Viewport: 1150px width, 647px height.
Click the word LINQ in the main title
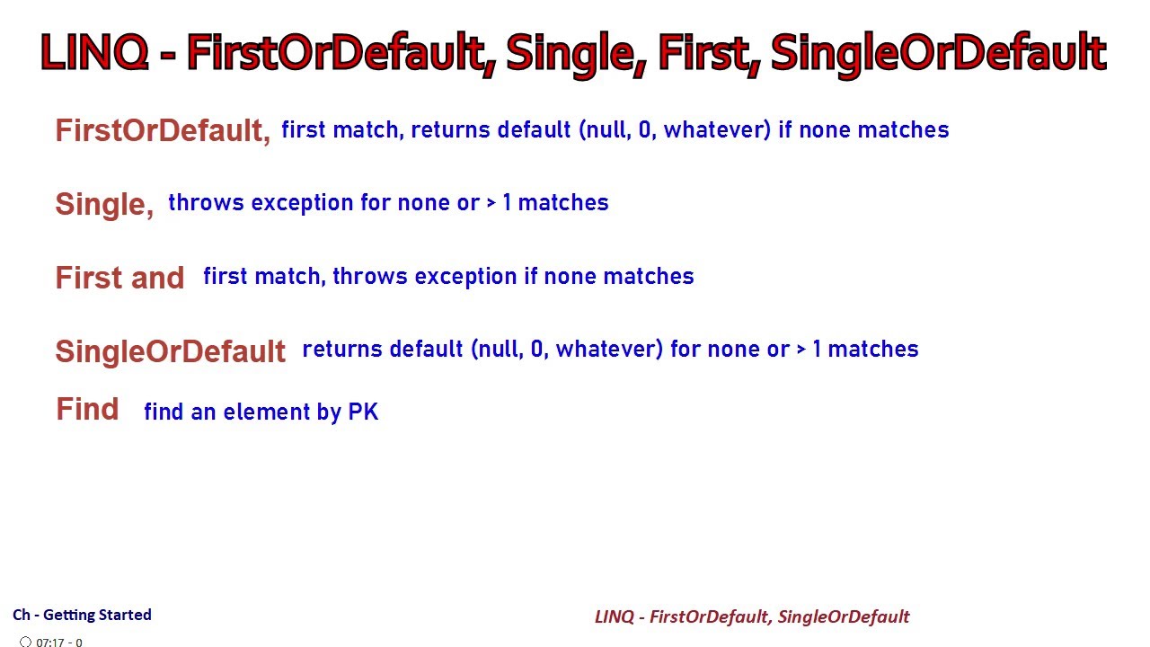(x=94, y=53)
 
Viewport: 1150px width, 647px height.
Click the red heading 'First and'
(x=119, y=278)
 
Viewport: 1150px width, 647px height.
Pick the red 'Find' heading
(x=87, y=410)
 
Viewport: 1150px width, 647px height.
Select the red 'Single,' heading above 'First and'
(x=104, y=204)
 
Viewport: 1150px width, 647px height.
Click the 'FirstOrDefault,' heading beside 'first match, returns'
(x=163, y=131)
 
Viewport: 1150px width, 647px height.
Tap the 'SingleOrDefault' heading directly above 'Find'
(x=170, y=350)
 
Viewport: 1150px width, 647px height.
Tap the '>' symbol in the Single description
(x=491, y=203)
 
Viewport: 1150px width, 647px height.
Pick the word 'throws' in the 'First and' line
(x=367, y=276)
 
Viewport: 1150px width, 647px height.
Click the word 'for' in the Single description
(x=376, y=203)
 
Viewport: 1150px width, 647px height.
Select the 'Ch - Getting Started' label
(x=82, y=615)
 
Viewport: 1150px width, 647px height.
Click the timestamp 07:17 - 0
(x=59, y=643)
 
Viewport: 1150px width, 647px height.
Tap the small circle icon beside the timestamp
(x=25, y=643)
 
